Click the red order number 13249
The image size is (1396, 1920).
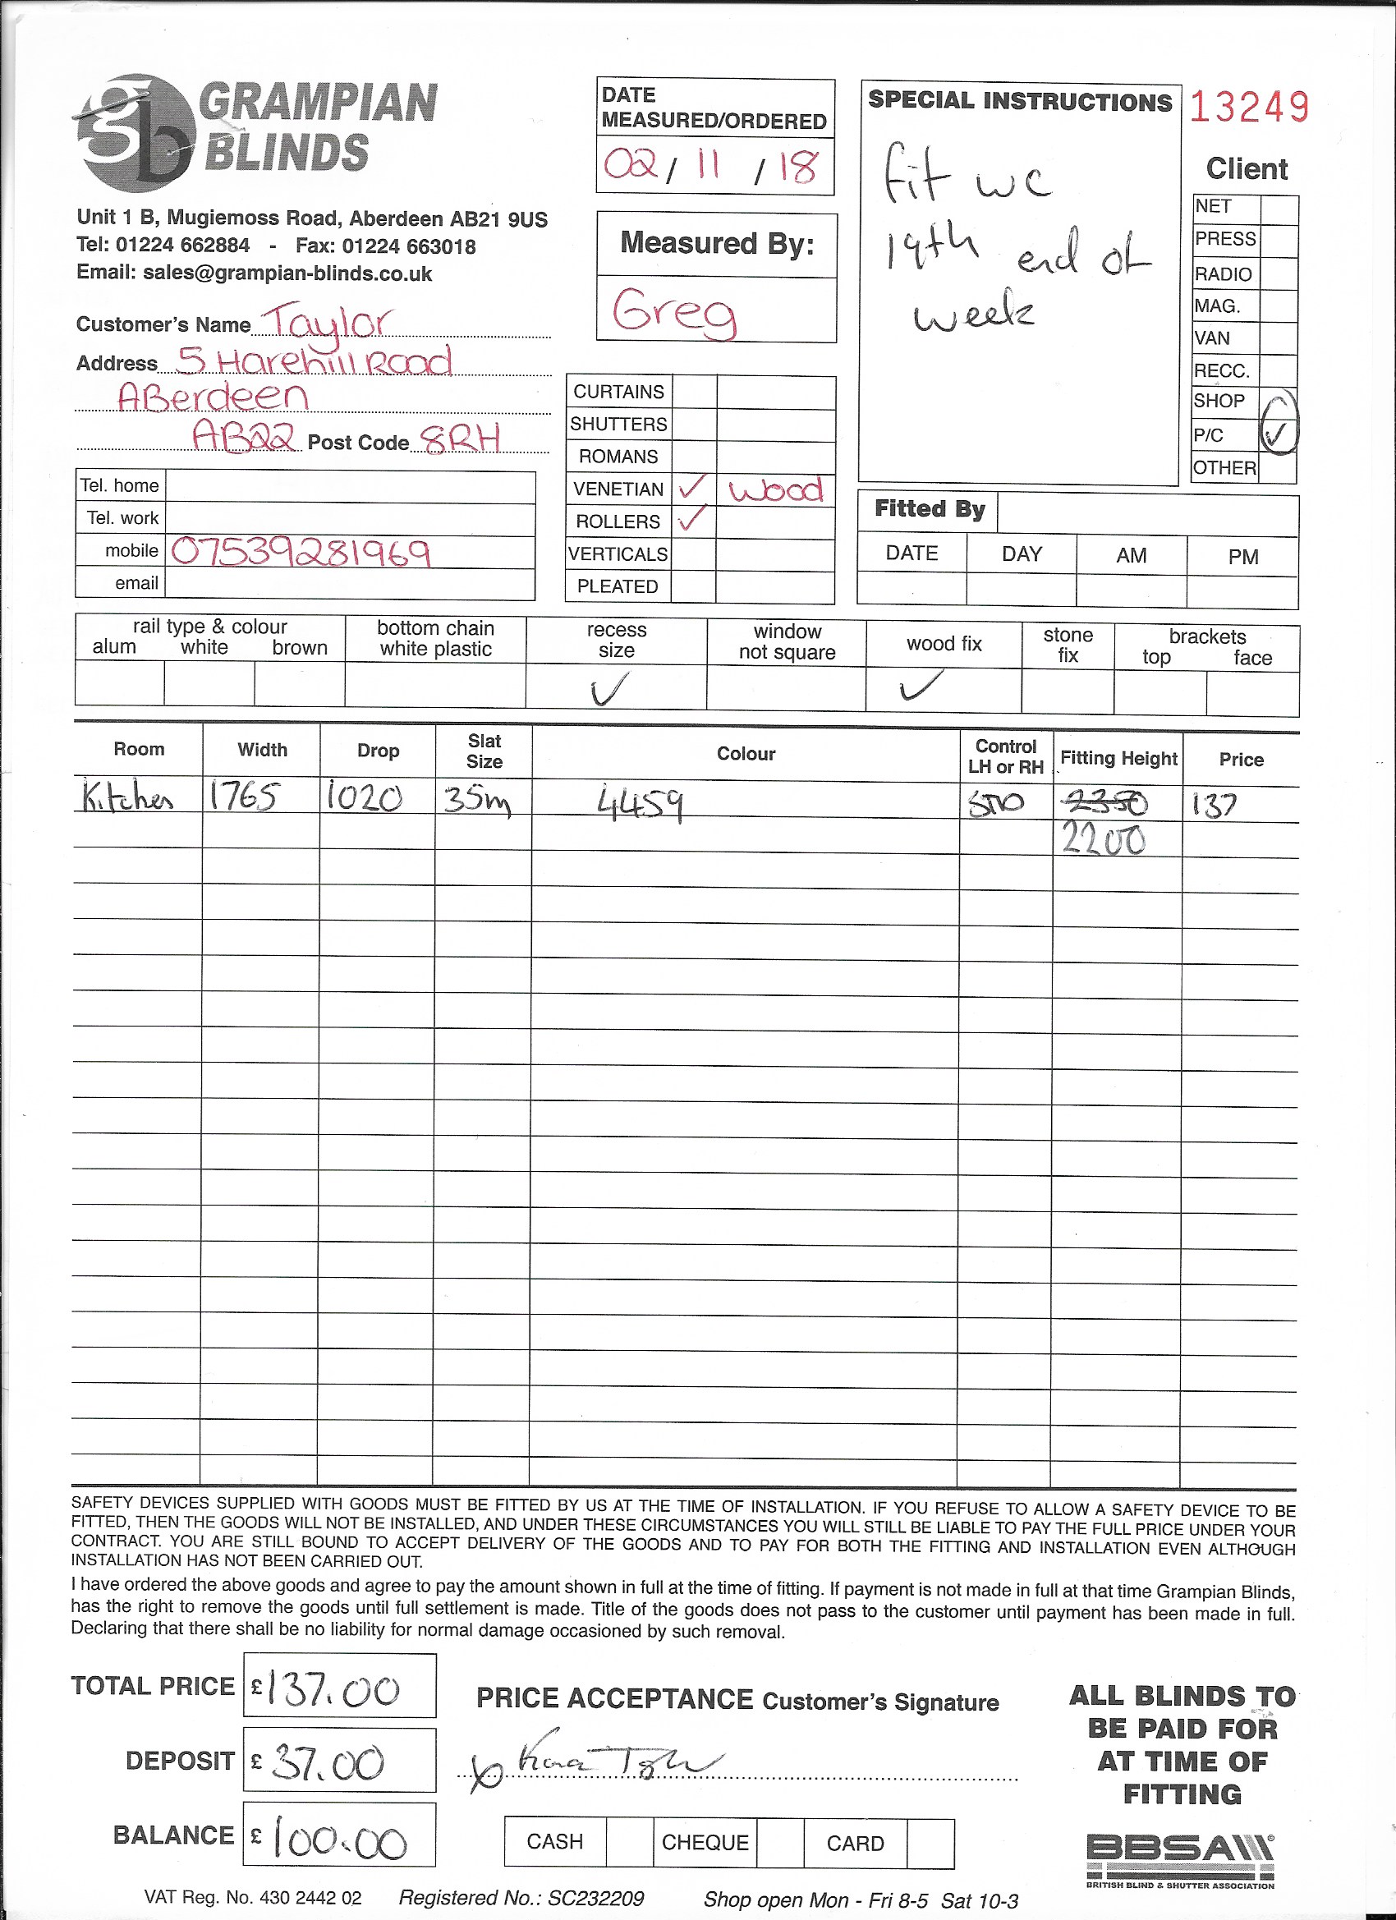1249,108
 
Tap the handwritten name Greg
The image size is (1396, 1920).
675,311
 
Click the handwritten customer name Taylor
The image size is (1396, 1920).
326,322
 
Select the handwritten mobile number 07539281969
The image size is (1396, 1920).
301,552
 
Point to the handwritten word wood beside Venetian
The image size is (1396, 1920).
775,489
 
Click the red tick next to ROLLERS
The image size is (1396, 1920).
692,518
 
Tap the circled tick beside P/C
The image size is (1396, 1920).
1277,434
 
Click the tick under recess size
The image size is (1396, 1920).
610,689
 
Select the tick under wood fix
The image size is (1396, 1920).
921,685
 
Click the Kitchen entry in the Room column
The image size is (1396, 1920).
129,797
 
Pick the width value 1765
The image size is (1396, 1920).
243,797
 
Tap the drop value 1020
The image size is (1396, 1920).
364,797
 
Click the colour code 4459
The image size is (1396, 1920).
641,802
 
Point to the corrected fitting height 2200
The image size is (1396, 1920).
1103,840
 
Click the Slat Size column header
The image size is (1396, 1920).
484,751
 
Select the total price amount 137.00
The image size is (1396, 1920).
333,1690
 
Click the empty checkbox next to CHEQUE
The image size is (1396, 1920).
779,1842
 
